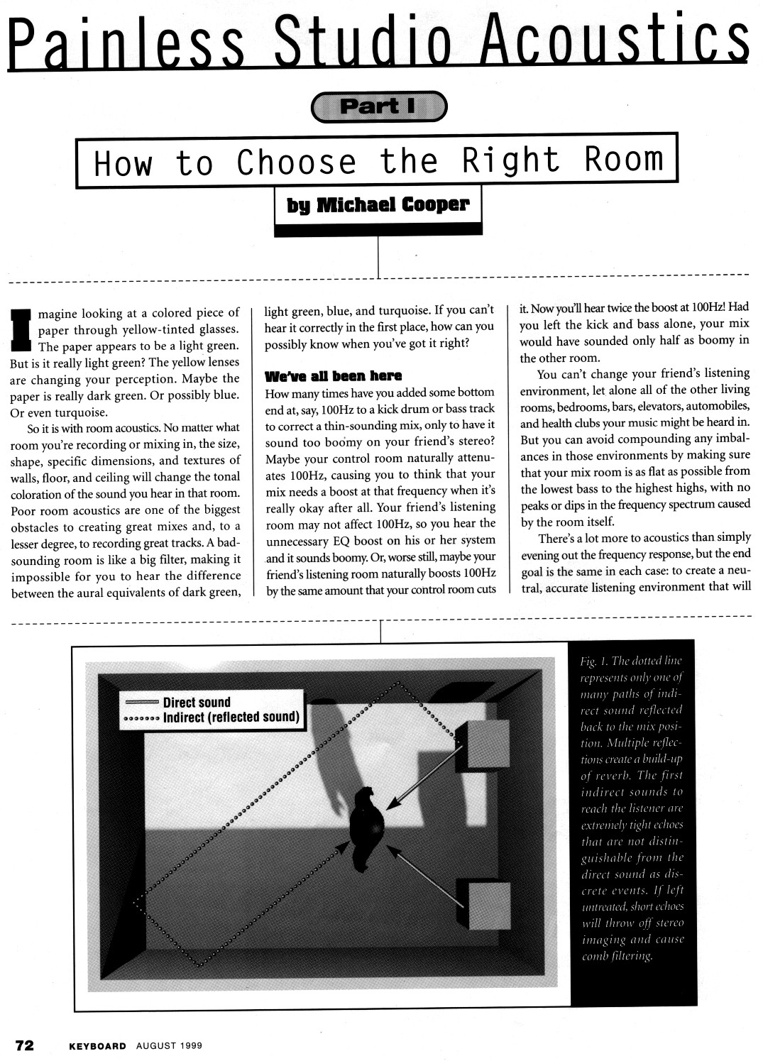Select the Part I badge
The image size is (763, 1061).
click(x=380, y=106)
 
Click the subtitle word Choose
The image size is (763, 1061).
click(x=296, y=163)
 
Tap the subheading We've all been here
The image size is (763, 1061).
click(x=333, y=375)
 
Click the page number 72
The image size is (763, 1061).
click(x=26, y=1045)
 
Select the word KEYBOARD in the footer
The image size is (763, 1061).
click(x=97, y=1045)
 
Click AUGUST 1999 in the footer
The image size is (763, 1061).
click(x=169, y=1045)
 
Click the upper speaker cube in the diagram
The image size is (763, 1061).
click(x=485, y=744)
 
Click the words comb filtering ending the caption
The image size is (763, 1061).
click(x=617, y=956)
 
